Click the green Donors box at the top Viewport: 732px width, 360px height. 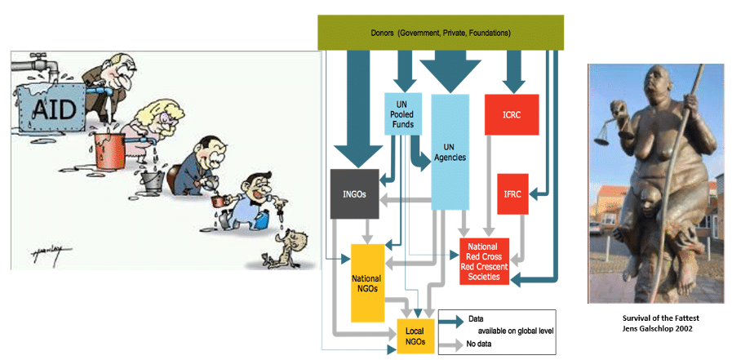coord(440,33)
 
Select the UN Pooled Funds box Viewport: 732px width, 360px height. coord(401,113)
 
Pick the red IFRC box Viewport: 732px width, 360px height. coord(512,193)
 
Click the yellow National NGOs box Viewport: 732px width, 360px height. coord(367,282)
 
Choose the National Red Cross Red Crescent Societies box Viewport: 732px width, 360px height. coord(485,261)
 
